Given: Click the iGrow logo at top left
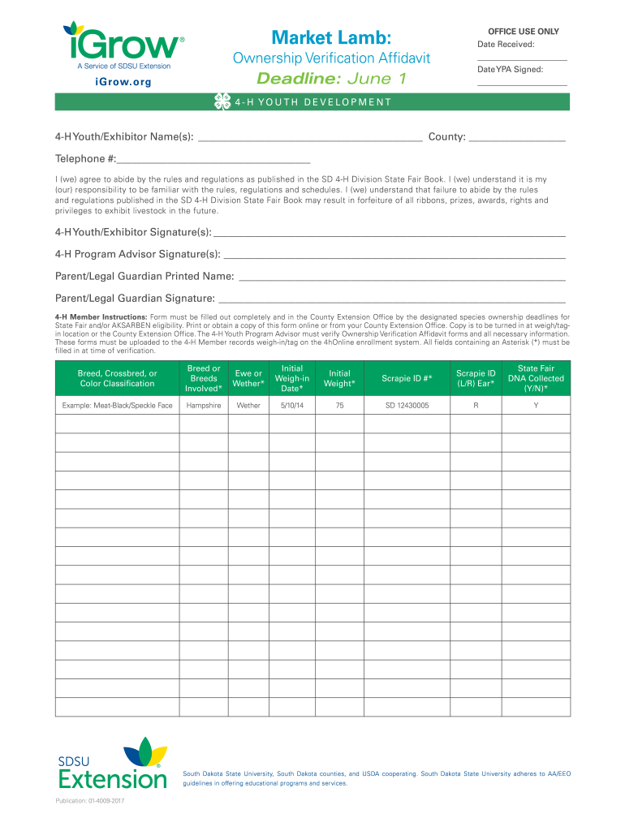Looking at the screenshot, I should pos(122,45).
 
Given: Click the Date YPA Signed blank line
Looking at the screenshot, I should pos(522,85).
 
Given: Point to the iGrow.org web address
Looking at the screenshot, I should pos(123,82).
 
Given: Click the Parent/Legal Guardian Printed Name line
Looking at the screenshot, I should pos(402,280).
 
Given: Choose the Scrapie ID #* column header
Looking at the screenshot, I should pos(407,378).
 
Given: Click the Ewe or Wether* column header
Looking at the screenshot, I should pos(248,378).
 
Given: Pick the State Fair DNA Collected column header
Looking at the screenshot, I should pos(536,378).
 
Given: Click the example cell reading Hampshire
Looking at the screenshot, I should pos(204,405).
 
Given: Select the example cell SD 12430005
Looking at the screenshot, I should pos(407,405).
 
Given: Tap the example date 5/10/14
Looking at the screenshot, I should pos(292,405).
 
